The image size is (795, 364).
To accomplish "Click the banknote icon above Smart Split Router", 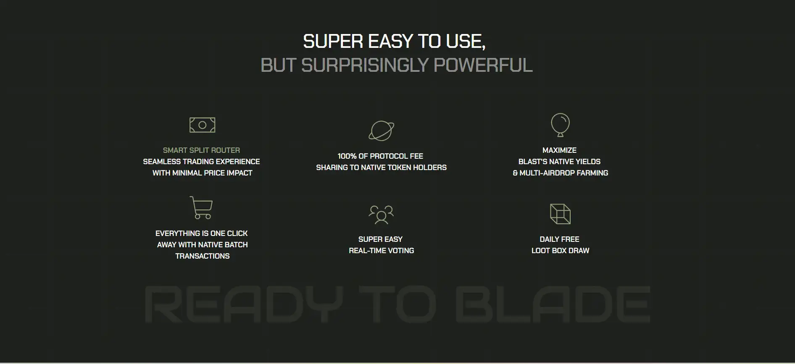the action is (x=203, y=125).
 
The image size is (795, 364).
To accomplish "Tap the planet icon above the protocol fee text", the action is (x=382, y=131).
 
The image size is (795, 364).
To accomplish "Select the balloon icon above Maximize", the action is (x=560, y=125).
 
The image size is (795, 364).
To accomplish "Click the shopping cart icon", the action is (x=201, y=207).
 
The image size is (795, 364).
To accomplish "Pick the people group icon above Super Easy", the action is (x=381, y=214).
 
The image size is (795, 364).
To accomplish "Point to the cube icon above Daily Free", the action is (x=560, y=214).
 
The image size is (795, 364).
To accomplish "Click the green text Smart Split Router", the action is (x=201, y=150).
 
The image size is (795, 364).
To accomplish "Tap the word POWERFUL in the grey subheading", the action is (x=483, y=65).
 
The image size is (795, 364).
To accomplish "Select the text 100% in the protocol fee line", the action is (x=347, y=156).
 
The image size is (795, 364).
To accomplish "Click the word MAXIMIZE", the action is (x=559, y=150).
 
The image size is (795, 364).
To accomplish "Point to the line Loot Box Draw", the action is (x=560, y=251).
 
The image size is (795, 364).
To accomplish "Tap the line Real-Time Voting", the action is (x=381, y=251).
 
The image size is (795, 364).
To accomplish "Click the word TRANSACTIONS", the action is (x=202, y=256).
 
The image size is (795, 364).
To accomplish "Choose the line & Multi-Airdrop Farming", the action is (x=560, y=173).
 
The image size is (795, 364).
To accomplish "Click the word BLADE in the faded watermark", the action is (x=553, y=304).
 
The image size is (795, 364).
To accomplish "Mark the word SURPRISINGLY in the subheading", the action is (x=365, y=65).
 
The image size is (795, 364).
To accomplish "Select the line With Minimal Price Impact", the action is (x=202, y=173).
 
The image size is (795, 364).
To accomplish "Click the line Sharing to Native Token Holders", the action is (x=381, y=168).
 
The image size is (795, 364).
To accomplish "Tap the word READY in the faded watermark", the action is (x=243, y=304).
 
